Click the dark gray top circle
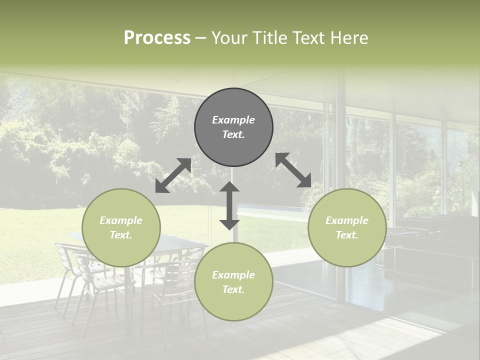click(233, 127)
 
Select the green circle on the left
click(121, 227)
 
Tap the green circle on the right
click(347, 227)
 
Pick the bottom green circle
click(233, 282)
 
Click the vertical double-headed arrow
click(229, 205)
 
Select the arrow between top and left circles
click(173, 175)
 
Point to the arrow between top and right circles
click(293, 170)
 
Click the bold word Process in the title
click(157, 38)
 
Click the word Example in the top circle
click(233, 120)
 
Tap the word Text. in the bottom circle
click(233, 289)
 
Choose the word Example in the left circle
click(121, 220)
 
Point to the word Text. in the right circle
click(347, 235)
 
